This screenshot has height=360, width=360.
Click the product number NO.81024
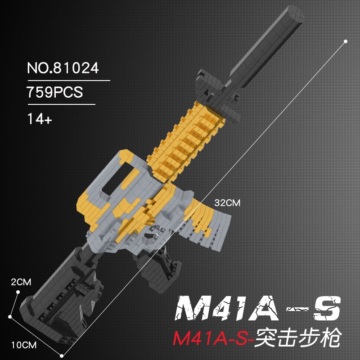[63, 68]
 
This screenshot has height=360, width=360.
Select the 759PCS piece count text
[54, 92]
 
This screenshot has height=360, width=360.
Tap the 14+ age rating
[40, 119]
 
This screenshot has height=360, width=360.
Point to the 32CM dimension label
[227, 203]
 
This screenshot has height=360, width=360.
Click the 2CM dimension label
[21, 282]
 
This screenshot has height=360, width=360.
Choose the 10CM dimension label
[24, 345]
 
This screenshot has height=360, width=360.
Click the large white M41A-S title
[257, 308]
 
